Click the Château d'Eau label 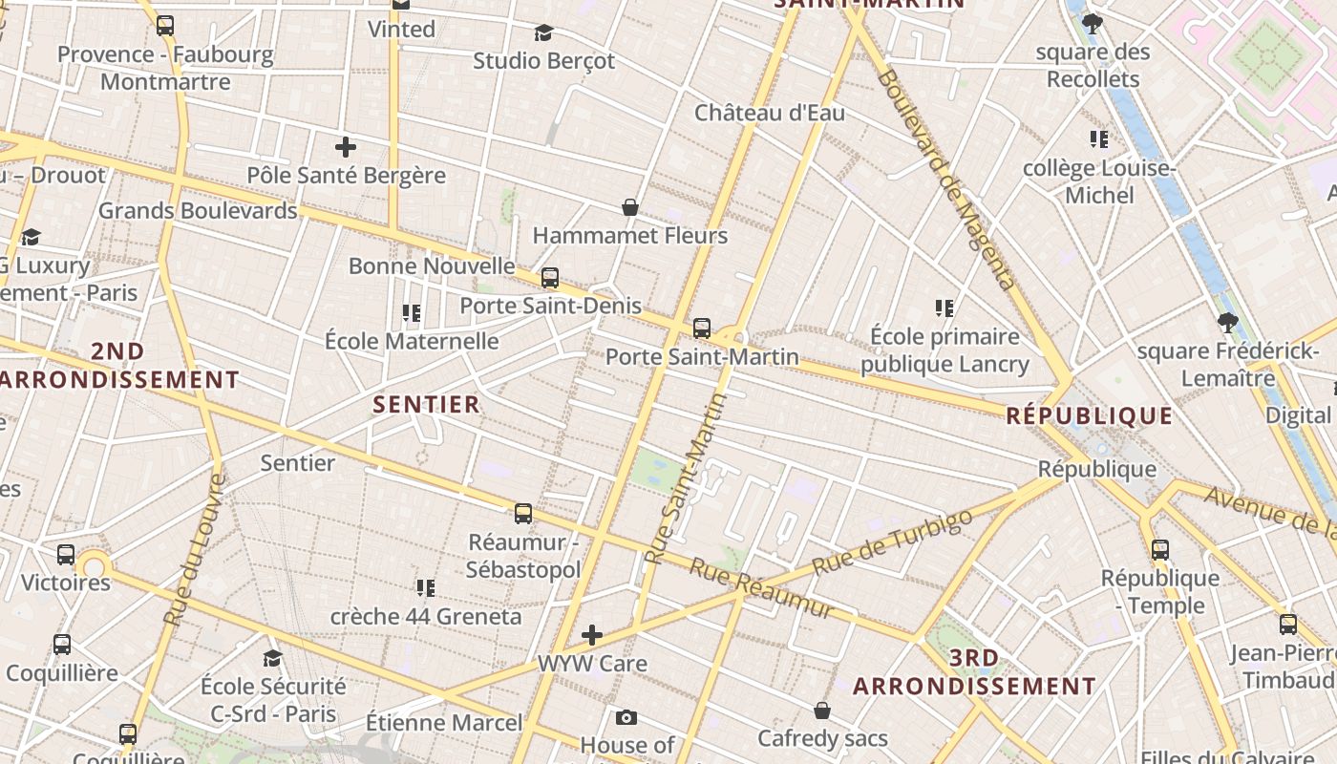[769, 113]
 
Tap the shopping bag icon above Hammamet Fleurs [630, 207]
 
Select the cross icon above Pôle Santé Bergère [346, 147]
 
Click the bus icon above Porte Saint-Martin [702, 329]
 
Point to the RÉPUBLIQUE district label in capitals [1089, 415]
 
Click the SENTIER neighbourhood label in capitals [426, 404]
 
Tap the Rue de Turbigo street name [892, 541]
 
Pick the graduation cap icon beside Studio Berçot [543, 33]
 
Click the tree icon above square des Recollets [1093, 24]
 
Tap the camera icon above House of [626, 717]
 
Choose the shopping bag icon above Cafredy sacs [821, 711]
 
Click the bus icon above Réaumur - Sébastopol [523, 514]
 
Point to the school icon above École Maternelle [412, 313]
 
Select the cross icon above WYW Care [592, 635]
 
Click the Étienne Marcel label [444, 723]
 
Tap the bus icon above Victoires [66, 554]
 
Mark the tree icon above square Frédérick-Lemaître [1227, 324]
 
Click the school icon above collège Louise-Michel [1099, 139]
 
